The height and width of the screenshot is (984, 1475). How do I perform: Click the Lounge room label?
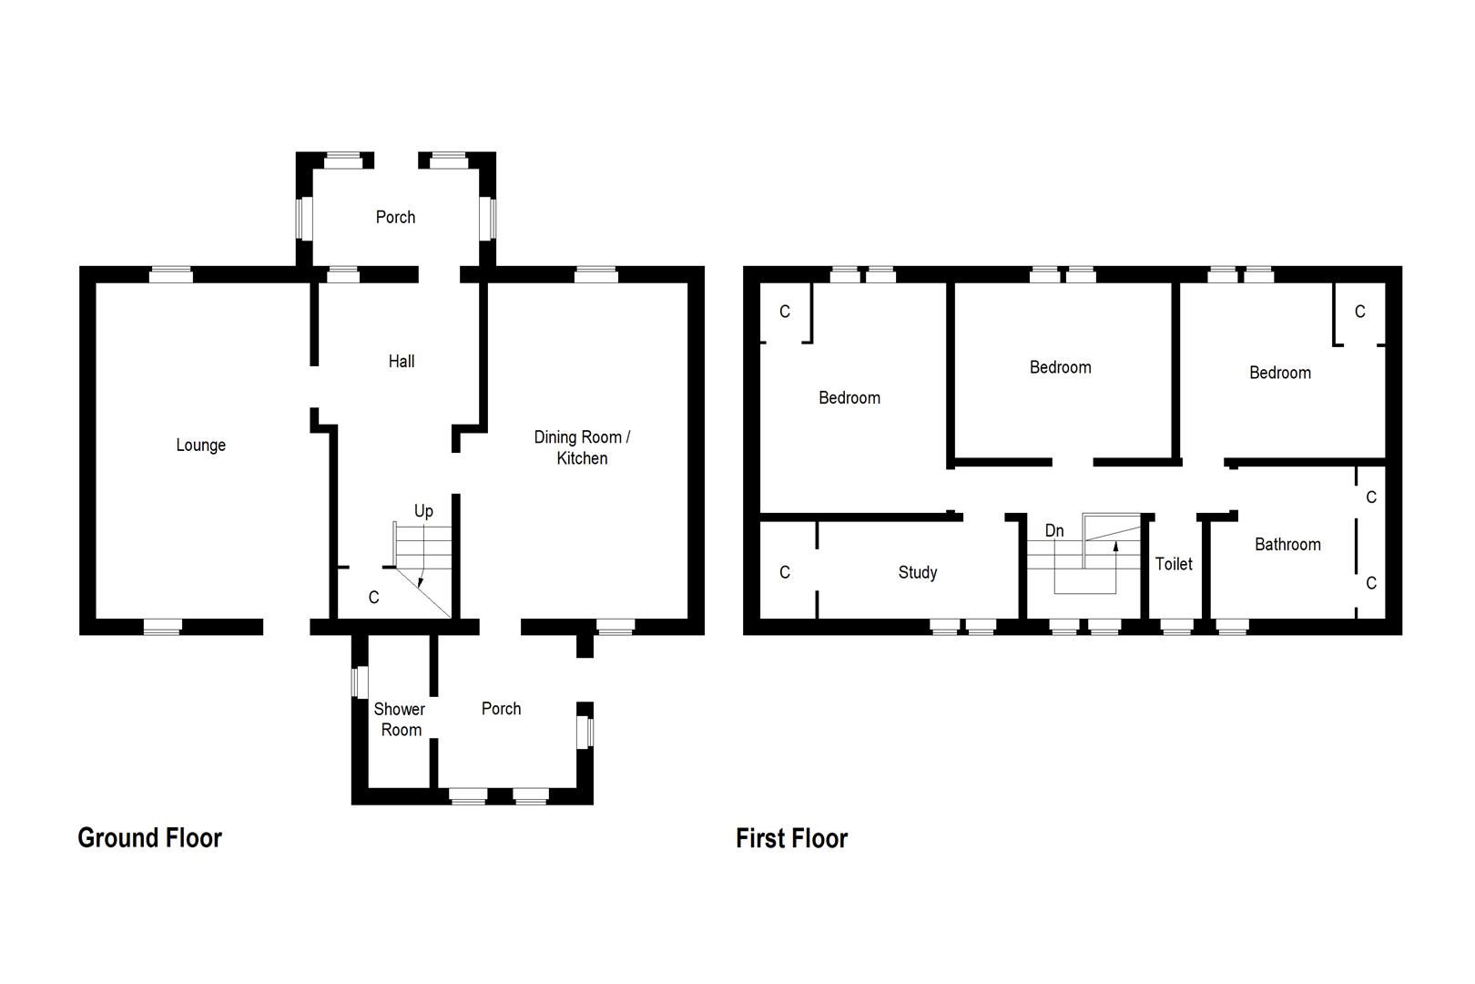click(200, 445)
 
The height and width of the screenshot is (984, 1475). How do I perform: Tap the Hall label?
click(401, 361)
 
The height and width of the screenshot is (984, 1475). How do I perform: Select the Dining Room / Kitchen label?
click(582, 447)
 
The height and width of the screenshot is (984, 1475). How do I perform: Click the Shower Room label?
click(399, 719)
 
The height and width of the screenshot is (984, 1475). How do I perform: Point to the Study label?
click(917, 572)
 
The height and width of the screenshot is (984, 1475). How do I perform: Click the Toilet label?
click(1173, 564)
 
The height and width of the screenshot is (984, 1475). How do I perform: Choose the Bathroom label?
click(1287, 544)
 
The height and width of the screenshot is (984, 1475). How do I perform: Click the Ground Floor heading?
click(149, 837)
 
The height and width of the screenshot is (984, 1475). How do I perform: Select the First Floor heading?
click(791, 838)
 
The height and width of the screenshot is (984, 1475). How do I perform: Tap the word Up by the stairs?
click(423, 510)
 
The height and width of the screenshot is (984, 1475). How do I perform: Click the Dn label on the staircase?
click(1053, 530)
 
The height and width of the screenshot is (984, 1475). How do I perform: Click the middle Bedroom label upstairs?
click(1060, 367)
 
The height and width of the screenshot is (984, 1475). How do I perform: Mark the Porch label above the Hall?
click(395, 217)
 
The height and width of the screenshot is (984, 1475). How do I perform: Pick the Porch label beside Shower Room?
click(501, 708)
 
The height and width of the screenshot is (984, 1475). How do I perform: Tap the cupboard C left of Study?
click(784, 572)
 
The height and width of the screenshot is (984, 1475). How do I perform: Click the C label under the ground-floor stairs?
click(373, 598)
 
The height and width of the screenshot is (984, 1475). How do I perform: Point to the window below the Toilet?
click(1176, 626)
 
